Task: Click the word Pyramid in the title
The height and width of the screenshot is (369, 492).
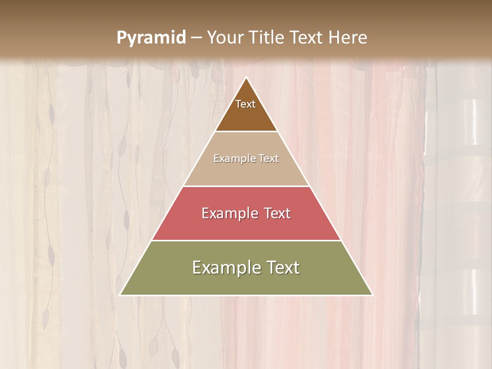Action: (x=151, y=38)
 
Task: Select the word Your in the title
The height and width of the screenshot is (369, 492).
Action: (x=227, y=38)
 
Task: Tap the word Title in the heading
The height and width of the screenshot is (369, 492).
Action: (x=269, y=38)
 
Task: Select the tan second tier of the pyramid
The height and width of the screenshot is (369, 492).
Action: (x=246, y=172)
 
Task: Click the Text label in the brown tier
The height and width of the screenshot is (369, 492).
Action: (x=245, y=104)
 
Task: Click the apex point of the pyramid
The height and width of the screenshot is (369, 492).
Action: (x=247, y=77)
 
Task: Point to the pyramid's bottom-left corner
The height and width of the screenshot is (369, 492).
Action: (x=120, y=295)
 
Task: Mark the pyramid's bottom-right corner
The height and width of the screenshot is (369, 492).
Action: (x=372, y=295)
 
